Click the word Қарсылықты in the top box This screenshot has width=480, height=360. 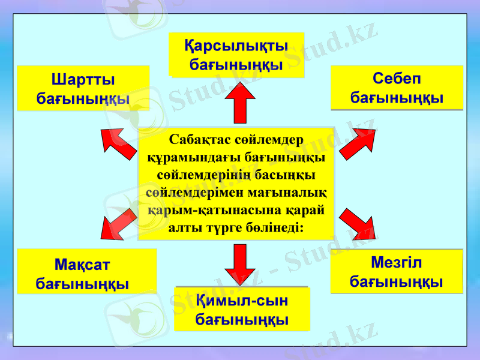[236, 46]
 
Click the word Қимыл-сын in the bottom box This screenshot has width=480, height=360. [242, 300]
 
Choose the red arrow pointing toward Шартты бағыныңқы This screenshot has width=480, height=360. [119, 143]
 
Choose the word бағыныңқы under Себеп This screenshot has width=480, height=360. [397, 97]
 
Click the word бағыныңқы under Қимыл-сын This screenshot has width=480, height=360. [242, 319]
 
